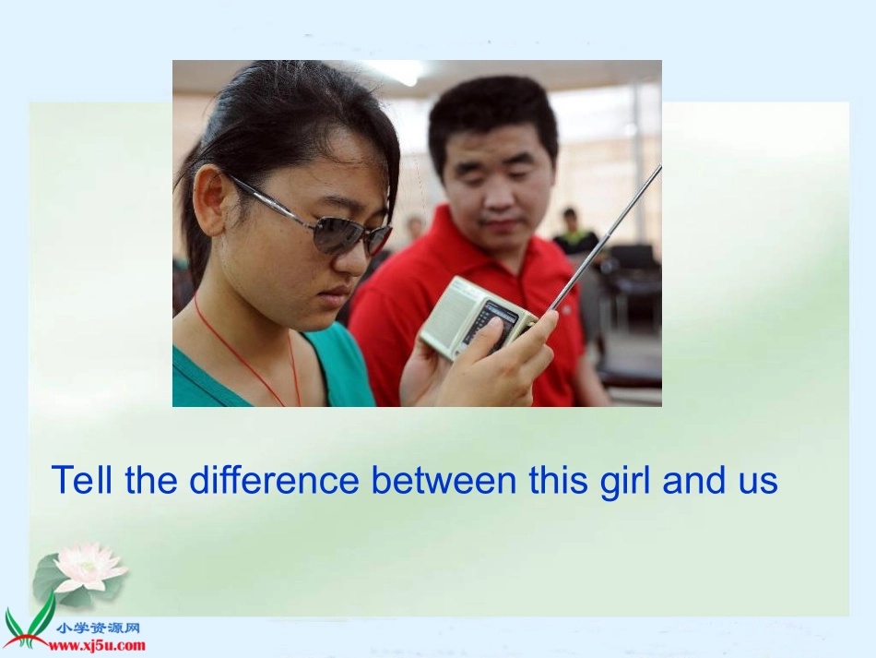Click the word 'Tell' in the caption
pyautogui.click(x=82, y=480)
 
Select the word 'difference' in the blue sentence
pyautogui.click(x=274, y=480)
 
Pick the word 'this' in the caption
pyautogui.click(x=559, y=480)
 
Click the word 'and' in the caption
pyautogui.click(x=695, y=480)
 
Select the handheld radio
pyautogui.click(x=477, y=317)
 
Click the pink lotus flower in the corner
pyautogui.click(x=90, y=568)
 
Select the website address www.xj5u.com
pyautogui.click(x=97, y=646)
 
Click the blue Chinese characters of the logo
pyautogui.click(x=98, y=628)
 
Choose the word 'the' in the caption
pyautogui.click(x=151, y=480)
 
